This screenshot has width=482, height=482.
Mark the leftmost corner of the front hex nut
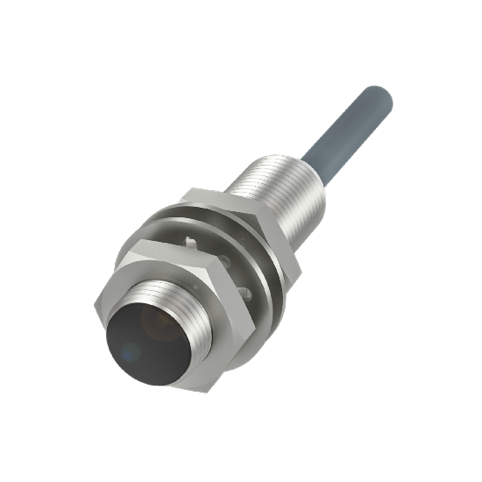[96, 302]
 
